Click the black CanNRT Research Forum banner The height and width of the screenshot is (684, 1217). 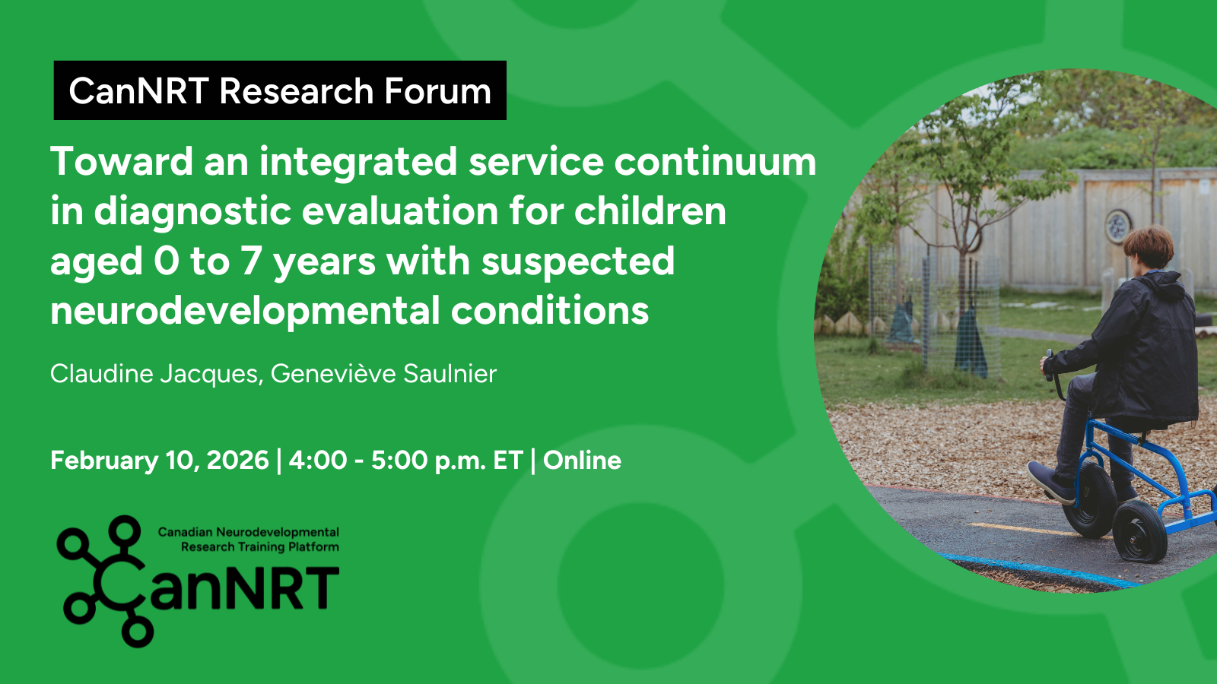280,90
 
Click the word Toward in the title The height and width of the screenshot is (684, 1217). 122,161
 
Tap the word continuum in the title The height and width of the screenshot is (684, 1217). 715,161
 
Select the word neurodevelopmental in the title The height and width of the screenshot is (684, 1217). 244,311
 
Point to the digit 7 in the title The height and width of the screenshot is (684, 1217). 251,261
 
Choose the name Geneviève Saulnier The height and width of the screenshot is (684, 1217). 383,373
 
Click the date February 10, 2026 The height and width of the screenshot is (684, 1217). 159,461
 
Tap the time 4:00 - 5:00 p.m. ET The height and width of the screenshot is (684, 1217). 406,461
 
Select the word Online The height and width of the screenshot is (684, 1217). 582,461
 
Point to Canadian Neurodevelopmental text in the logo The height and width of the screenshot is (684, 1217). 248,532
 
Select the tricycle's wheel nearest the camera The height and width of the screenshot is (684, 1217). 1139,531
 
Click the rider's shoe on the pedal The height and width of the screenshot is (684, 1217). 1050,483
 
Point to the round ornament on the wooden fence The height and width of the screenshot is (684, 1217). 1118,226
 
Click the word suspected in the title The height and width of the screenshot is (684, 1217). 577,261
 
